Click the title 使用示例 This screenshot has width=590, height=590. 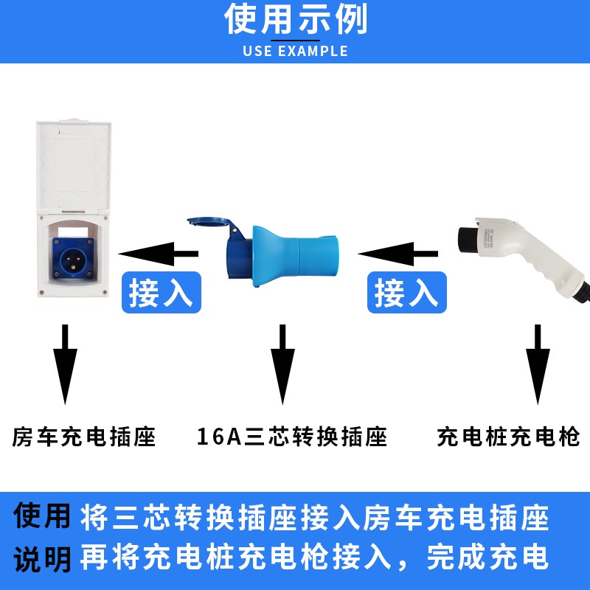(295, 20)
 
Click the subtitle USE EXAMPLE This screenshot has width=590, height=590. (295, 52)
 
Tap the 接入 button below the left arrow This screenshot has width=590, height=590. (160, 293)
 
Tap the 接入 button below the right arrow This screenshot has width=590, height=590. (406, 293)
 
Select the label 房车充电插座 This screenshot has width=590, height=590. (85, 437)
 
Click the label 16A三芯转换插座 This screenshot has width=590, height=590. (292, 437)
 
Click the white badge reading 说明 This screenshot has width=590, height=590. (43, 556)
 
